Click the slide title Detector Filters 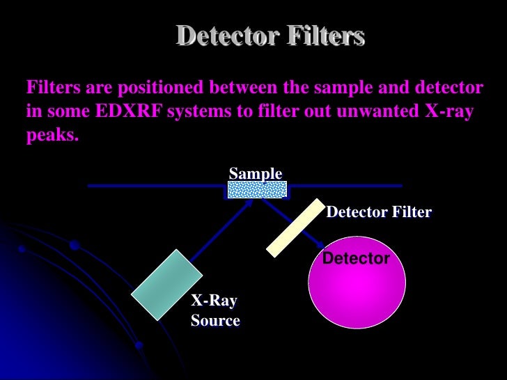tap(270, 35)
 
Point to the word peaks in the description tap(52, 135)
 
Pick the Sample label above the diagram tap(256, 173)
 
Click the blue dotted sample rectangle tap(257, 189)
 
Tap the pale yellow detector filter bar tap(296, 228)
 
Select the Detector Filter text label tap(379, 212)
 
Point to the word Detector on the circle tap(357, 259)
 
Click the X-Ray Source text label tap(215, 311)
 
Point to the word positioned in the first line tap(157, 88)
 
